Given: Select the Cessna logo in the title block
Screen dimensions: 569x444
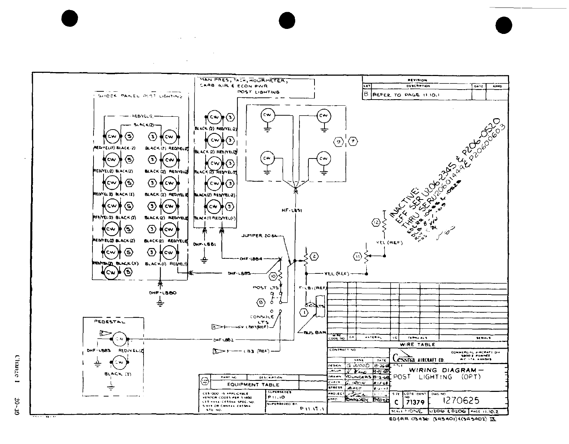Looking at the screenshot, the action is click(x=403, y=358).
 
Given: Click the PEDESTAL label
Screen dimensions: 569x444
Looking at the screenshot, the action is click(x=110, y=322).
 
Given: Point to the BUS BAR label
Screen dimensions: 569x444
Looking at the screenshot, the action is click(x=314, y=333).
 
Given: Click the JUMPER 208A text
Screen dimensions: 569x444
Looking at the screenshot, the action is click(x=257, y=236).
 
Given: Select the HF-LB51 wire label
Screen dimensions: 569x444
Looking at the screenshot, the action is click(x=292, y=211).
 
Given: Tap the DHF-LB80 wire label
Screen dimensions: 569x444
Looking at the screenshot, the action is click(x=163, y=293).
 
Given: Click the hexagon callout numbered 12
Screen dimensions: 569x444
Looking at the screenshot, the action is click(x=376, y=223).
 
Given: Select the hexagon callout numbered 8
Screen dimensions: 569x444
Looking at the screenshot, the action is click(x=261, y=303).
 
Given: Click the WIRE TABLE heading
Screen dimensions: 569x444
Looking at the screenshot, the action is click(x=417, y=344).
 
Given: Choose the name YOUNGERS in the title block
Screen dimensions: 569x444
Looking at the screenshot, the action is click(x=359, y=377).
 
